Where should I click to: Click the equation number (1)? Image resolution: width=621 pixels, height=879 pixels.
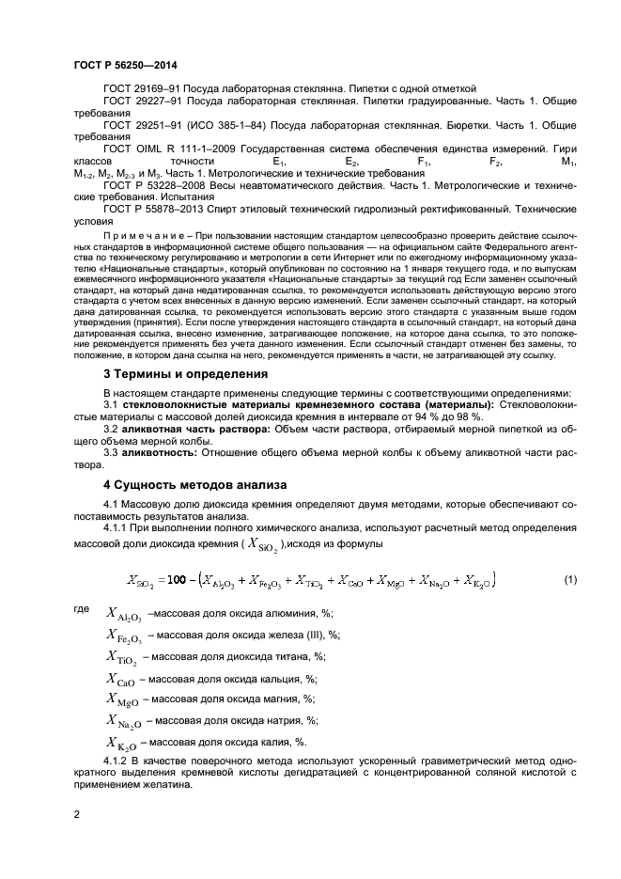click(x=569, y=580)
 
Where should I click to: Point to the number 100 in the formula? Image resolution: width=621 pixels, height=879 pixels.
click(x=189, y=581)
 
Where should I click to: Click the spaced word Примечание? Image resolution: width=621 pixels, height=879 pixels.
click(x=141, y=233)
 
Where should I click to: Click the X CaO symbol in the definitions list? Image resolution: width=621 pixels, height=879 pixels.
click(x=120, y=679)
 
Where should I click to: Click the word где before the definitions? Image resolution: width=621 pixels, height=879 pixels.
click(x=81, y=609)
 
